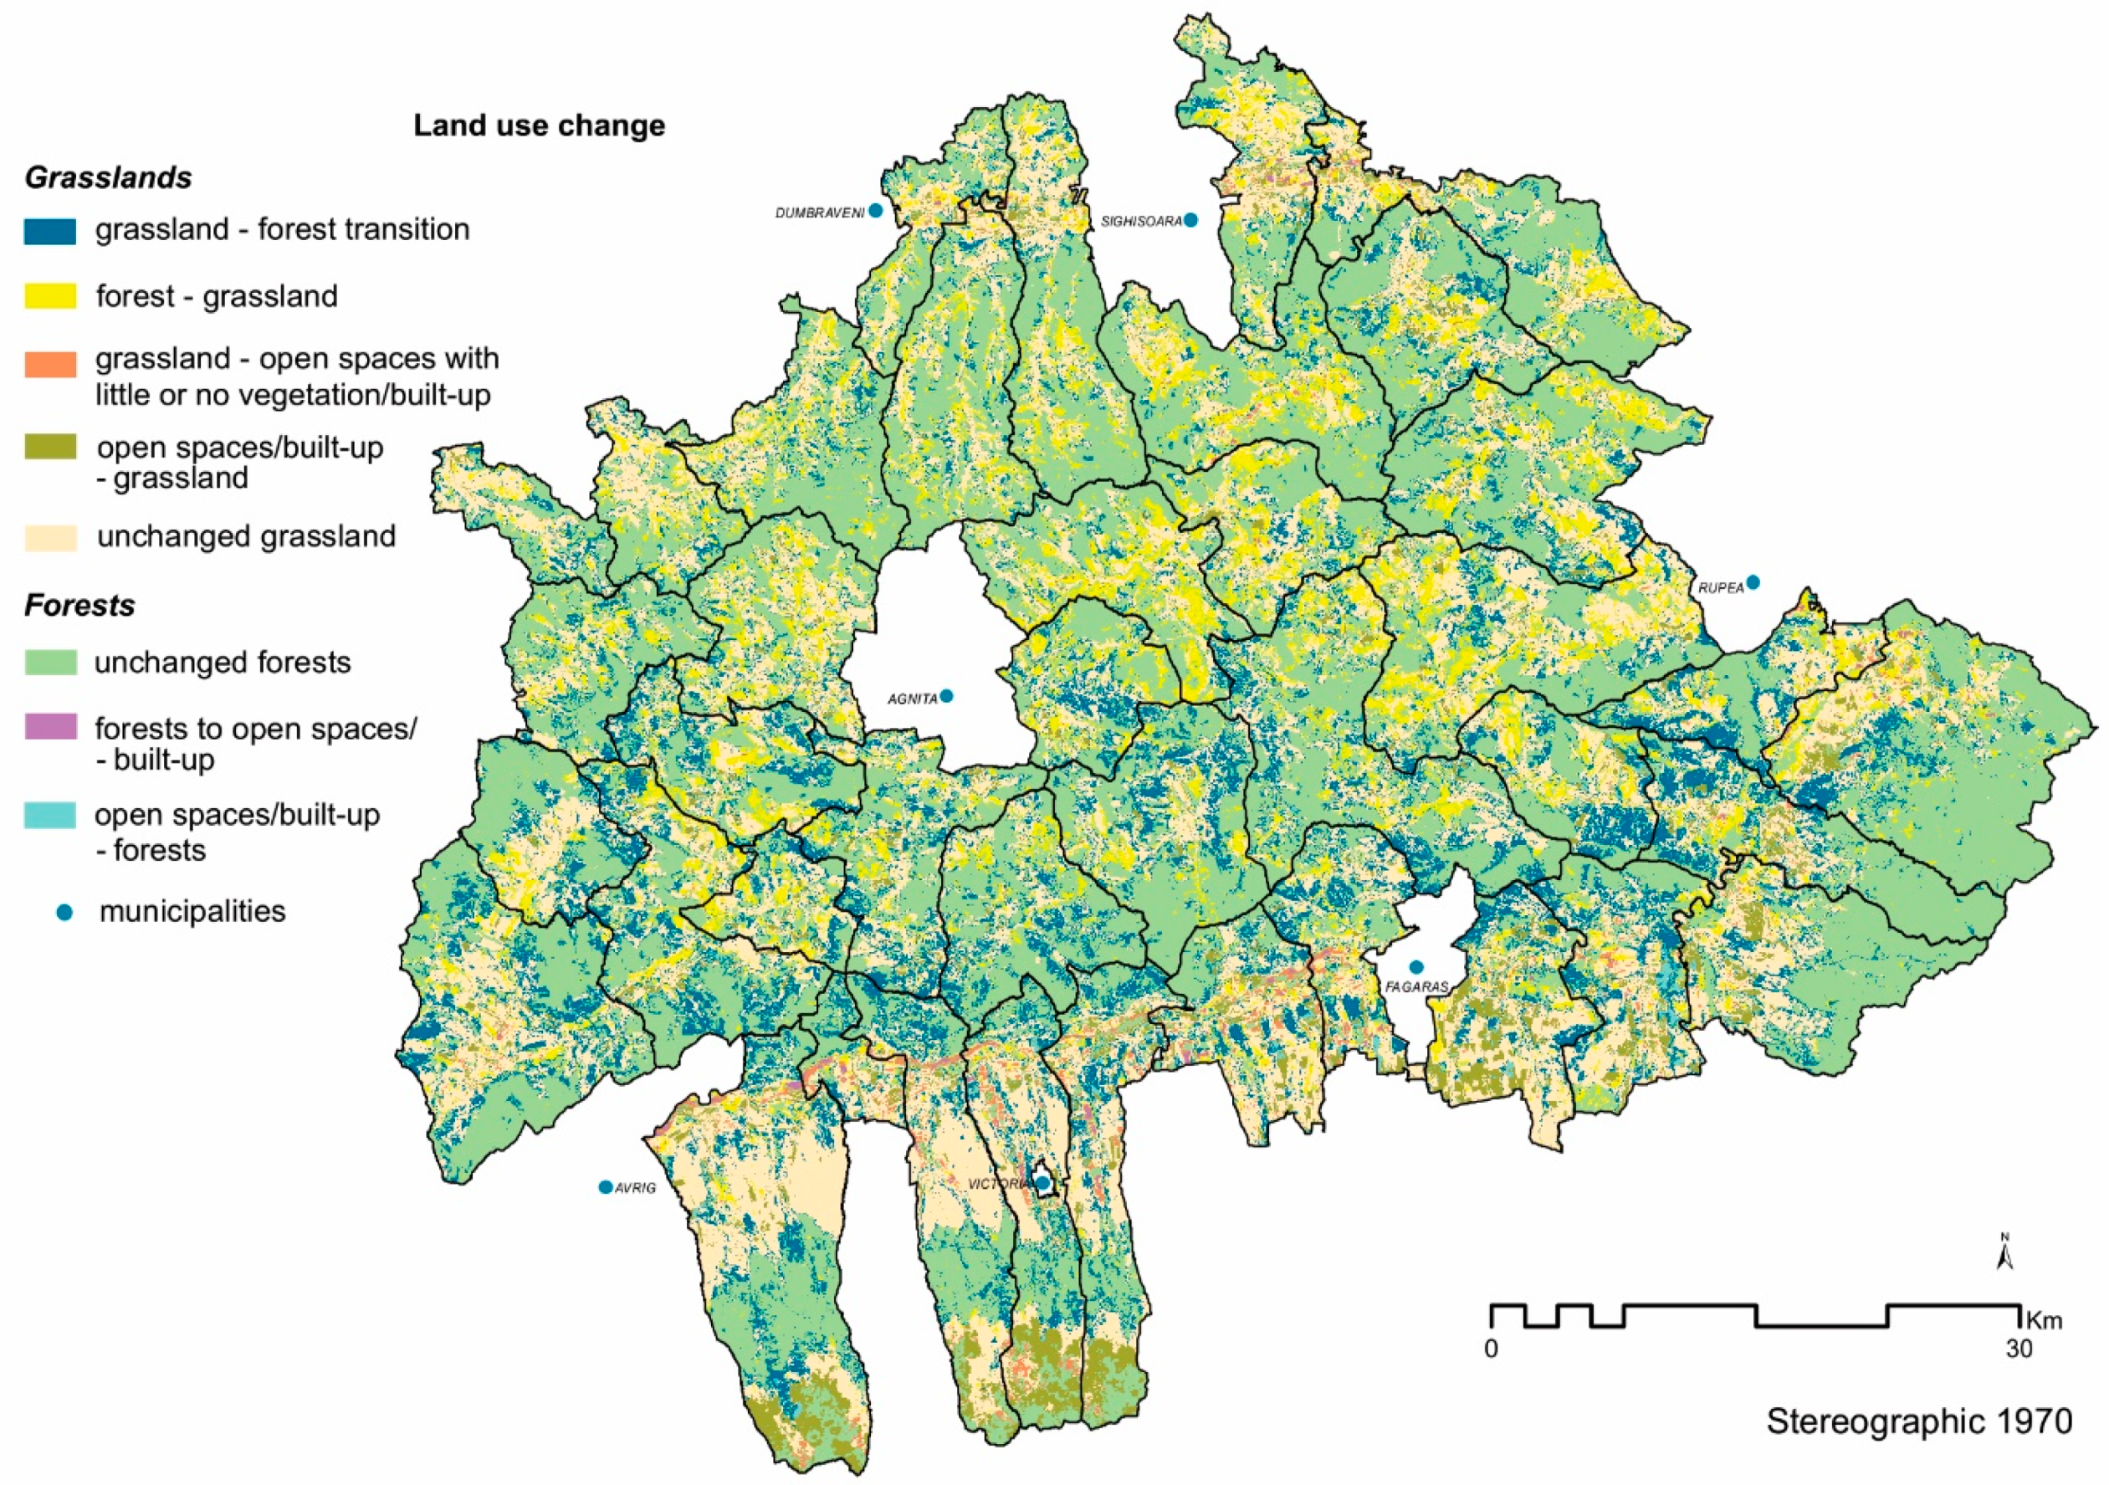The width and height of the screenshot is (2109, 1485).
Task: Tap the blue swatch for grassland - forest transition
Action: point(49,231)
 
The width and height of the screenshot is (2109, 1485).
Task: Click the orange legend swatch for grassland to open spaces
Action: point(49,364)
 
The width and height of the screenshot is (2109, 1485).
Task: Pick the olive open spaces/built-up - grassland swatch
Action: point(49,448)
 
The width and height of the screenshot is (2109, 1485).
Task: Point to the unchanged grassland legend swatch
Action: point(49,537)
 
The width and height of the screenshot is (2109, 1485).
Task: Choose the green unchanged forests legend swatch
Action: point(49,662)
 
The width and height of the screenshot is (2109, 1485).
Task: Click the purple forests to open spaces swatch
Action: point(49,727)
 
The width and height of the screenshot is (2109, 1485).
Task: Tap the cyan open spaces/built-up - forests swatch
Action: point(49,816)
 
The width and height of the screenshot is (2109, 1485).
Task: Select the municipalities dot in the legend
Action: point(64,912)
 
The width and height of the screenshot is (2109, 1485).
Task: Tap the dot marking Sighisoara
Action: point(1190,220)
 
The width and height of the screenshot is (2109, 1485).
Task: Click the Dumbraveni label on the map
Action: point(819,213)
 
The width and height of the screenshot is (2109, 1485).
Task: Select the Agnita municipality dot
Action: point(946,696)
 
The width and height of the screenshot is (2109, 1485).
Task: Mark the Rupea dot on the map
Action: point(1753,582)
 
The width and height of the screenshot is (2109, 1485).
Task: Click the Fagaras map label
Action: point(1416,987)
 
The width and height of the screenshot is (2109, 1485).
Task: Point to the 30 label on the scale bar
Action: point(2018,1349)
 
